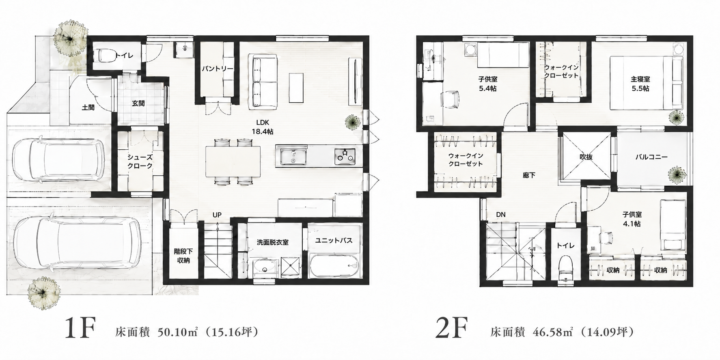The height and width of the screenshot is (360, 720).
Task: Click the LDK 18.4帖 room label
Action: [x=262, y=127]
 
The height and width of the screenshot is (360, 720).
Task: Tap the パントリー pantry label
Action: [x=217, y=69]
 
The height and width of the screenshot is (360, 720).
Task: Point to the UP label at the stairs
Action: [x=217, y=215]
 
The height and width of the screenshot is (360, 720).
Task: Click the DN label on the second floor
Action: [x=500, y=214]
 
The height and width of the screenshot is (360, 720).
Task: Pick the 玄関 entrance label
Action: [x=138, y=103]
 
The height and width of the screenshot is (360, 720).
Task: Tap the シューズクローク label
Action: [x=140, y=162]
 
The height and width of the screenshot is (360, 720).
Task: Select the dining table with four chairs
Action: [x=233, y=162]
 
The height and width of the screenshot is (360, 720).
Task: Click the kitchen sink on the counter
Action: [x=291, y=156]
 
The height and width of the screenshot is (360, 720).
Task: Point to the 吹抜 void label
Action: [x=586, y=156]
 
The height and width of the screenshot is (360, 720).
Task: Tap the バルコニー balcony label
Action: [x=651, y=156]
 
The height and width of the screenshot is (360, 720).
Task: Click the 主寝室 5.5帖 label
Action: [x=640, y=84]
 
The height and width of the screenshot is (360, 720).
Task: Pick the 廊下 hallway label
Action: [x=528, y=175]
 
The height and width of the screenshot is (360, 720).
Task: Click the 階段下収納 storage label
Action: [x=183, y=256]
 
